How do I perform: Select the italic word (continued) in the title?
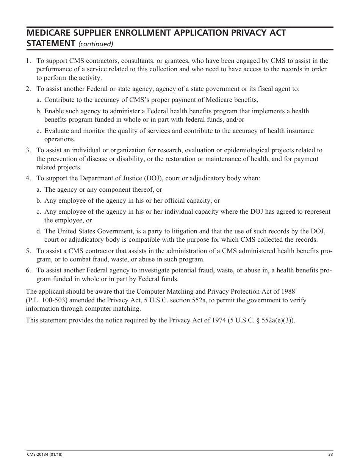point(96,44)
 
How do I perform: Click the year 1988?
point(288,291)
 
